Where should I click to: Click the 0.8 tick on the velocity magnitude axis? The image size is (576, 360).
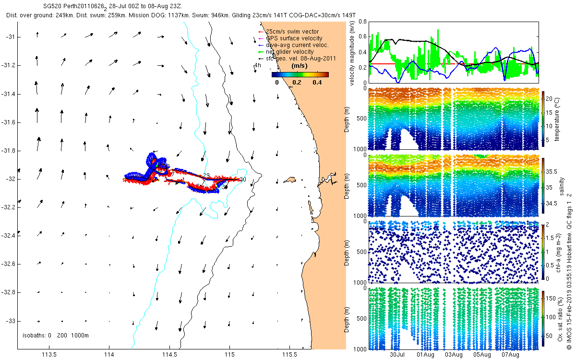pyautogui.click(x=363, y=22)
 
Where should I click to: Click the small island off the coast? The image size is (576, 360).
pyautogui.click(x=289, y=180)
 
